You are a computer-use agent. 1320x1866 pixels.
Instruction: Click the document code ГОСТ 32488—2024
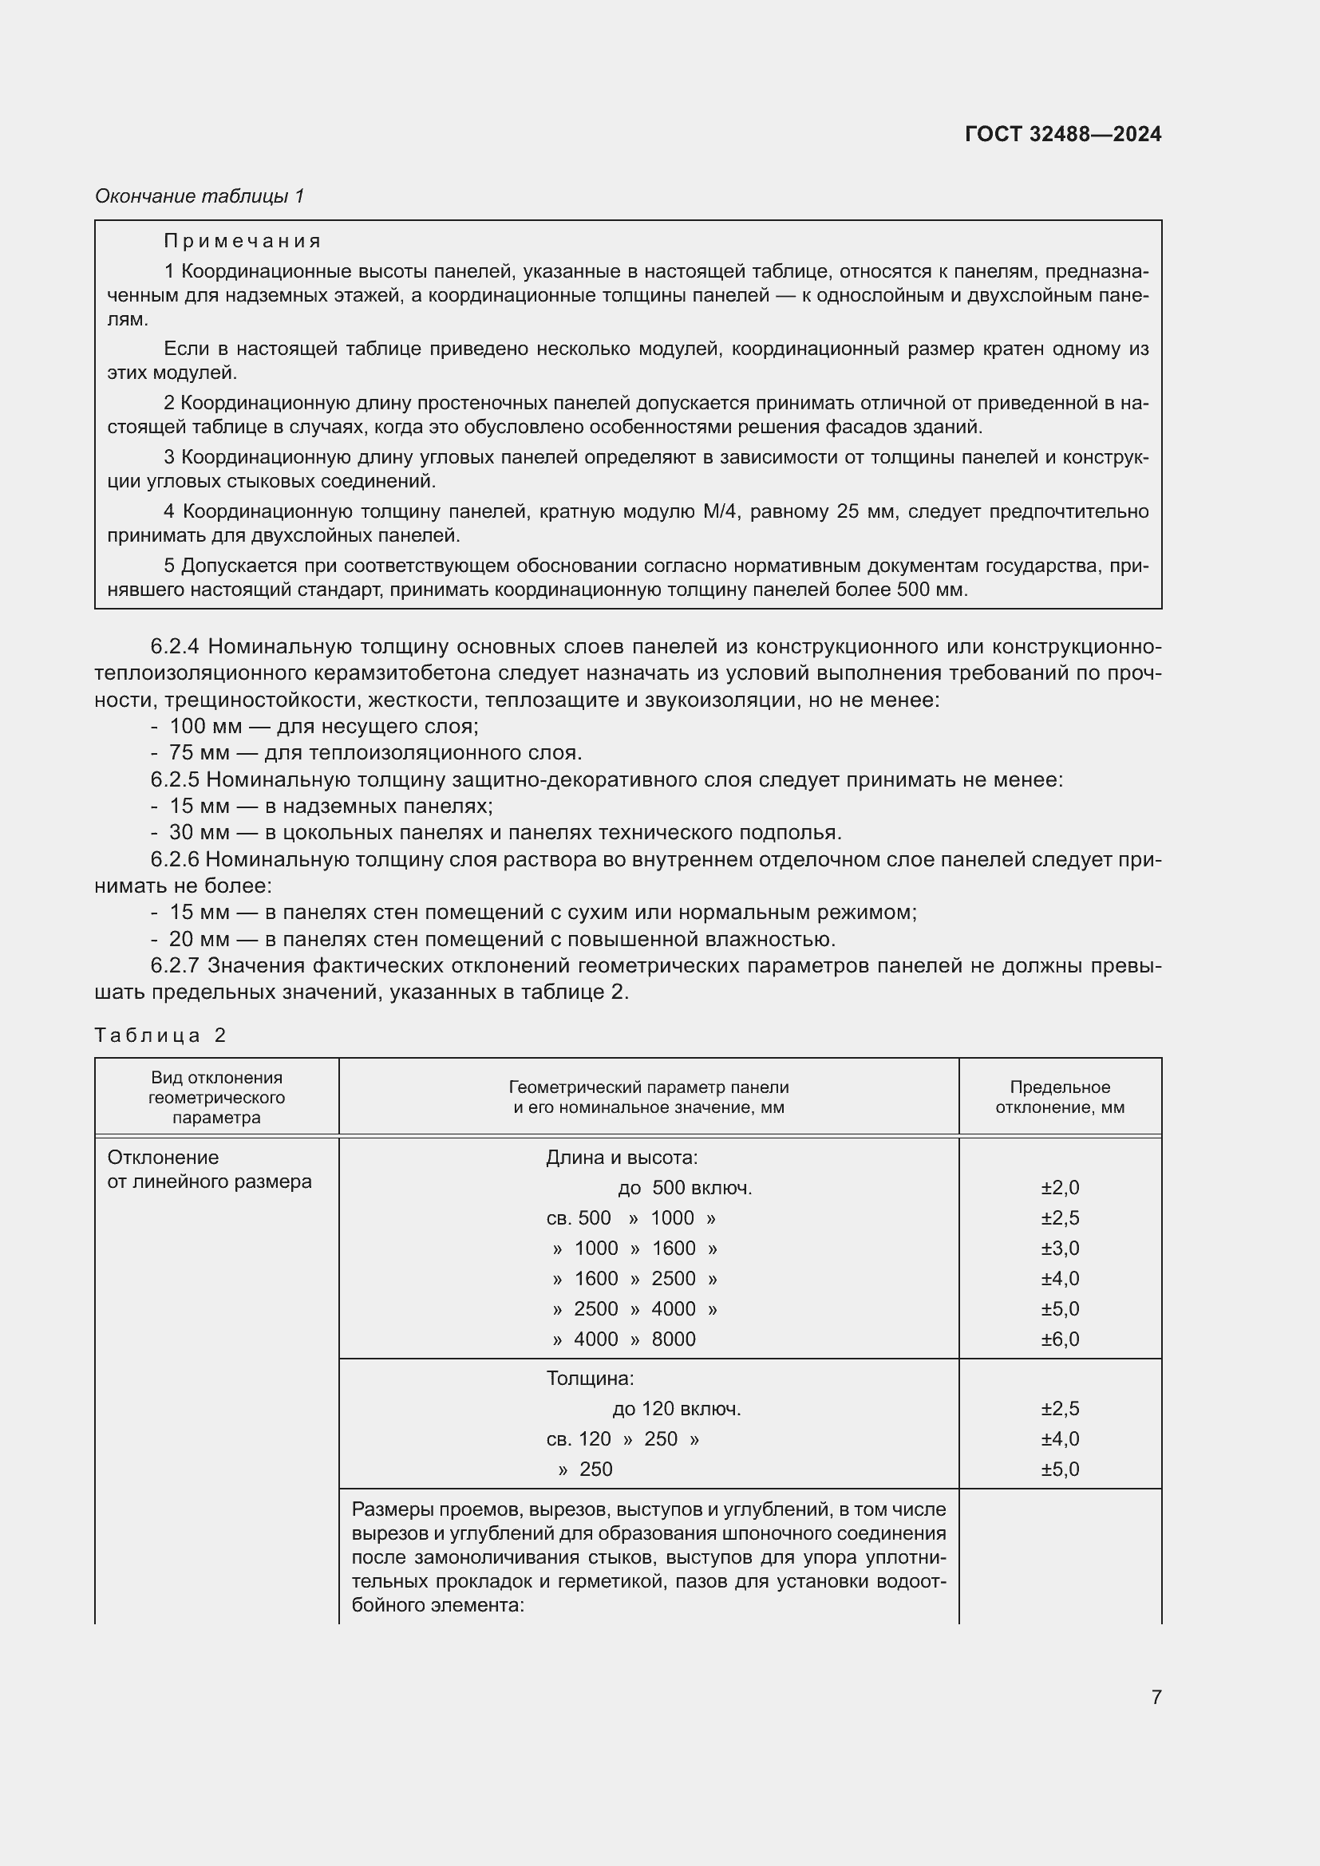tap(1062, 134)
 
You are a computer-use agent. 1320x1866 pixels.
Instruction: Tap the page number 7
tap(1156, 1698)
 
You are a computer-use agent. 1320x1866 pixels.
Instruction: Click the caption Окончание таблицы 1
tap(200, 196)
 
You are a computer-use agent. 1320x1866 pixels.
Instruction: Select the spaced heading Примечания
tap(243, 242)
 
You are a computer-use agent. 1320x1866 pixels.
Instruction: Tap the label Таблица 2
tap(160, 1036)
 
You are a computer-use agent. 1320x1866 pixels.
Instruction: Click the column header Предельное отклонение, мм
tap(1059, 1097)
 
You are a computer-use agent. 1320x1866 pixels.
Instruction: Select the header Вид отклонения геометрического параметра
tap(216, 1097)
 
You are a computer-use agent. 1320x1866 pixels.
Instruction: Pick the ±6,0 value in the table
tap(1059, 1339)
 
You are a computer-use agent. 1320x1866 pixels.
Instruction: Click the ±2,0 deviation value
tap(1059, 1188)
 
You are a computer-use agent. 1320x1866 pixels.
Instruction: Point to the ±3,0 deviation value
tap(1059, 1249)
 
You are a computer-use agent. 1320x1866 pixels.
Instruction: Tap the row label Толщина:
tap(589, 1379)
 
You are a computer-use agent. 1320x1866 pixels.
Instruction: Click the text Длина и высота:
tap(621, 1158)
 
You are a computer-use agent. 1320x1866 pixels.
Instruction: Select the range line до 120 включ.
tap(676, 1409)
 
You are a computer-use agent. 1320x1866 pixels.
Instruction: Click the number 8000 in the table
tap(673, 1339)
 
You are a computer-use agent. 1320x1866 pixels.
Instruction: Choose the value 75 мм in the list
tap(200, 753)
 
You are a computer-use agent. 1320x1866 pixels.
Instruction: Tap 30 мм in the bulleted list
tap(200, 833)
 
